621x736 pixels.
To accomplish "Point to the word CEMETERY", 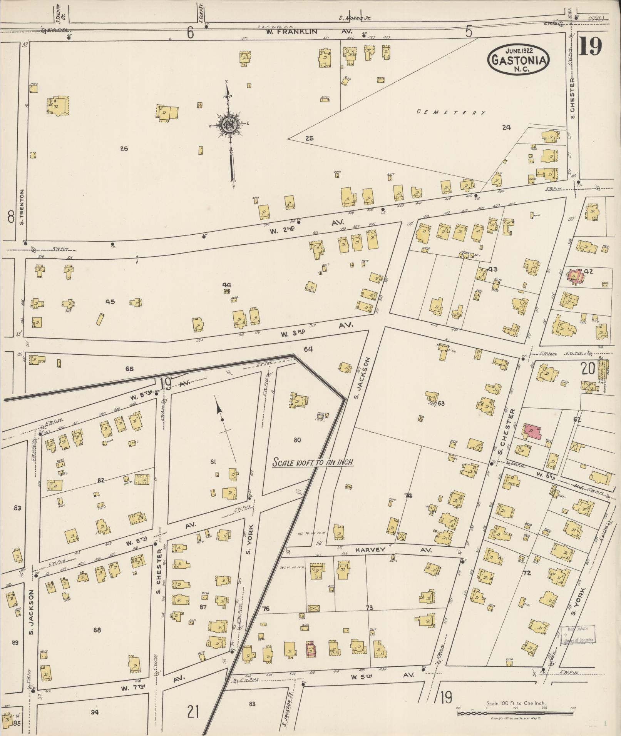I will pos(451,112).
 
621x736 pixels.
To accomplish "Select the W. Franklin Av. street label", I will pos(292,32).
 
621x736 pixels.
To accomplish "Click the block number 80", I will pos(297,440).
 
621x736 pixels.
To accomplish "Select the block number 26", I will pos(124,148).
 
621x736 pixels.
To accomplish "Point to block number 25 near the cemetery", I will pos(310,138).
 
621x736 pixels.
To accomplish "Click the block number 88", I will pos(97,630).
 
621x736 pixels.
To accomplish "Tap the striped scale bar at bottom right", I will pos(516,713).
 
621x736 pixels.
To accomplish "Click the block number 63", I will pos(441,404).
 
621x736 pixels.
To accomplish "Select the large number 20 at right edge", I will pos(588,369).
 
